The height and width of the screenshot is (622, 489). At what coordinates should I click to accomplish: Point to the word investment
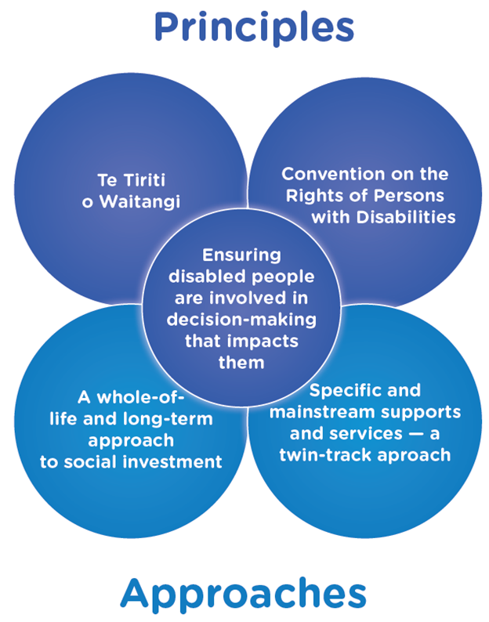coord(177,461)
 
